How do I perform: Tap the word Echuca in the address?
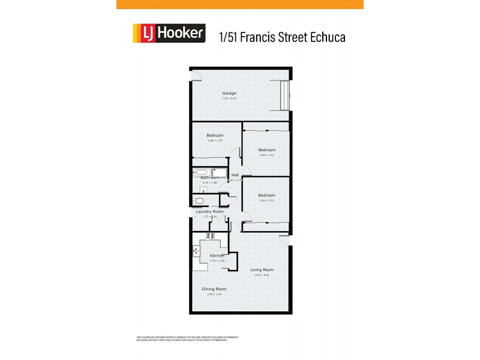point(328,37)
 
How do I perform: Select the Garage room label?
point(229,93)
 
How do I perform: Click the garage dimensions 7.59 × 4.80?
point(229,98)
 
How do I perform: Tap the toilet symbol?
point(200,200)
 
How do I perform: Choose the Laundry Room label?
point(210,211)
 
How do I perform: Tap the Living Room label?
point(262,269)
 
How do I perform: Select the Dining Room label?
point(214,289)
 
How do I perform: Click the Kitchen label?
point(217,256)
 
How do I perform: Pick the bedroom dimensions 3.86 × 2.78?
point(215,140)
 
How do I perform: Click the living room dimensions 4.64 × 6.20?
point(262,275)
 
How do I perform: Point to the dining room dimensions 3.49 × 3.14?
point(214,295)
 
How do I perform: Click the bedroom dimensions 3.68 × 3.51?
point(267,155)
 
